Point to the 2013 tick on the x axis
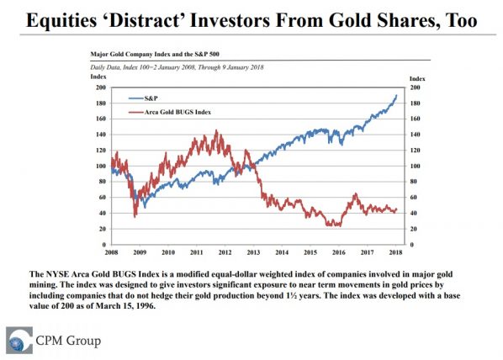pyautogui.click(x=252, y=251)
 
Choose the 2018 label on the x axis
pyautogui.click(x=395, y=251)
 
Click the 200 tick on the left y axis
pyautogui.click(x=100, y=87)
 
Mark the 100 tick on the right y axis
pyautogui.click(x=415, y=166)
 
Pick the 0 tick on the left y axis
pyautogui.click(x=103, y=245)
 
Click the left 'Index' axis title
pyautogui.click(x=97, y=77)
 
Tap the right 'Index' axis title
pyautogui.click(x=416, y=77)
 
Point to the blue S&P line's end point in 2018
pyautogui.click(x=397, y=95)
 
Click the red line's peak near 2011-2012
pyautogui.click(x=217, y=130)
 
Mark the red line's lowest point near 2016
pyautogui.click(x=337, y=226)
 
